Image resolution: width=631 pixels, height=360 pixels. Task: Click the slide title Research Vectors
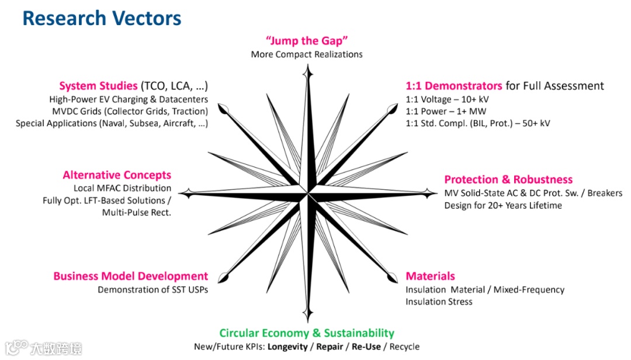(x=102, y=18)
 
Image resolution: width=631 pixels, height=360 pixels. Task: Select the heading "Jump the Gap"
(x=307, y=41)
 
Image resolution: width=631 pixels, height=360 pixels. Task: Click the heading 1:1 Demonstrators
(x=454, y=86)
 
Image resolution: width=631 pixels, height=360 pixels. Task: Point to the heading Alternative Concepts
(x=117, y=175)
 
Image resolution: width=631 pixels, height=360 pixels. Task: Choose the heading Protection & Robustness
(x=508, y=179)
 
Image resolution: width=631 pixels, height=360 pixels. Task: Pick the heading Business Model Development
(x=130, y=276)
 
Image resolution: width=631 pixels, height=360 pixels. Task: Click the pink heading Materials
(x=430, y=276)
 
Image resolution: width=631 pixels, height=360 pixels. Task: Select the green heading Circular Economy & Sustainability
(x=307, y=333)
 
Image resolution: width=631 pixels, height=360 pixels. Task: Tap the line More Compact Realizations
(x=307, y=54)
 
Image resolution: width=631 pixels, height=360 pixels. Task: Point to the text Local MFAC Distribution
(x=122, y=188)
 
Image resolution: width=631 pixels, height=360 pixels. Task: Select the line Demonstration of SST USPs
(x=152, y=289)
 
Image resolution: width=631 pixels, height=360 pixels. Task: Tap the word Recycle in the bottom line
(x=404, y=347)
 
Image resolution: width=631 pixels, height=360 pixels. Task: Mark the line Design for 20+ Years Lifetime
(x=503, y=205)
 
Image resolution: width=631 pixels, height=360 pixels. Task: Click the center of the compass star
(x=307, y=192)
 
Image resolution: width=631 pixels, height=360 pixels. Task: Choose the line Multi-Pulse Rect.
(x=137, y=213)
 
